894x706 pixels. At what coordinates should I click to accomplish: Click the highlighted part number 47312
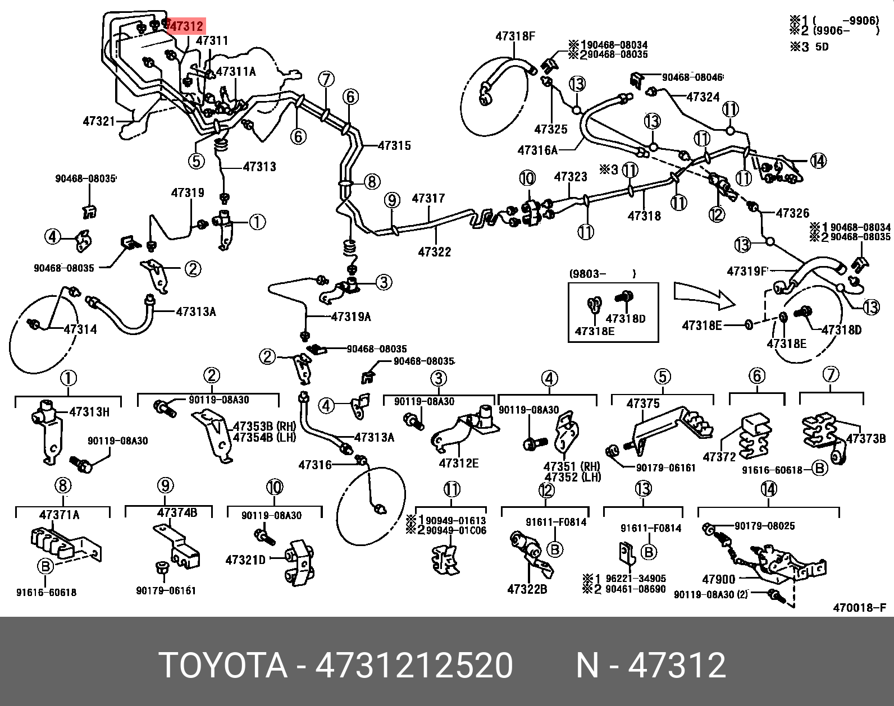coord(186,26)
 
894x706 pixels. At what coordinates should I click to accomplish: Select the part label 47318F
coord(515,36)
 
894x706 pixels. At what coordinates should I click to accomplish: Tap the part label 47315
coord(394,146)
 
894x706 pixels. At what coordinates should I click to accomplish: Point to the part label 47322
coord(435,252)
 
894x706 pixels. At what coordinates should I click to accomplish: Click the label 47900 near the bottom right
coord(718,579)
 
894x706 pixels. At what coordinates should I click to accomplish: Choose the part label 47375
coord(643,404)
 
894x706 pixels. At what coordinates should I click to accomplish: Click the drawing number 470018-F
coord(859,607)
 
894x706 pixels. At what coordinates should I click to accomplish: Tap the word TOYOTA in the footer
coord(223,666)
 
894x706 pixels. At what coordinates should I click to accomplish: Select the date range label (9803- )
coord(603,274)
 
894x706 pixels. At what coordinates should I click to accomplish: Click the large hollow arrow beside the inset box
coord(704,295)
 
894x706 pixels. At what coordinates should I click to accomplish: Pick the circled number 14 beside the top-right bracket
coord(818,161)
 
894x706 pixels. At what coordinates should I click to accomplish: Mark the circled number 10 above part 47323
coord(527,178)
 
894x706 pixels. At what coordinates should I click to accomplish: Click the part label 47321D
coord(245,560)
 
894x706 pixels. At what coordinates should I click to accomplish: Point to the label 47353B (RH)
coord(264,427)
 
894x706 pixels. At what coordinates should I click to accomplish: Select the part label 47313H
coord(89,412)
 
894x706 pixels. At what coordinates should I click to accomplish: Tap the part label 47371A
coord(60,515)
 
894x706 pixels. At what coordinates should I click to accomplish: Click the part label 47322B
coord(527,589)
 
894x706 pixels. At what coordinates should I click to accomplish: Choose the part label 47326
coord(792,213)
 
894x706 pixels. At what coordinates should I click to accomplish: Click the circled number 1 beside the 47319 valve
coord(257,223)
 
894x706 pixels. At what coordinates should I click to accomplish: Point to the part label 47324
coord(703,97)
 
